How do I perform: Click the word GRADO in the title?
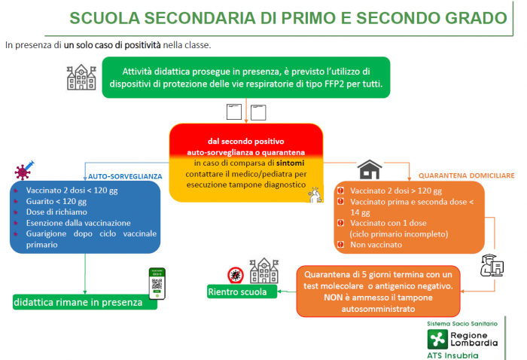476,18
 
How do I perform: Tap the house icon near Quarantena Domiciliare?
370,169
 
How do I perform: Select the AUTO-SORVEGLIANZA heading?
125,176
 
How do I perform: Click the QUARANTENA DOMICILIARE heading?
467,175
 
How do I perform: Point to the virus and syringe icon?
24,170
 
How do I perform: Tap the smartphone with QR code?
157,284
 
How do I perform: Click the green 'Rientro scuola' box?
242,291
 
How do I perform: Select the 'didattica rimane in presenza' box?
84,302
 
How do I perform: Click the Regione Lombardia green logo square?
437,339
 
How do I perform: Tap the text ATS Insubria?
452,355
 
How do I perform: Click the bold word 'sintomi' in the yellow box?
291,163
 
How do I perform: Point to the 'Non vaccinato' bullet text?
376,245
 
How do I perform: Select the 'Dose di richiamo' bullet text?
56,212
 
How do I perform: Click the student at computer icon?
492,265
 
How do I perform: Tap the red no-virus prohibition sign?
236,276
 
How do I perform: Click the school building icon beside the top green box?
81,78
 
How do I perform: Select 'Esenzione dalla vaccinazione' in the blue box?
78,223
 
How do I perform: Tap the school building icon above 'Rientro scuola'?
264,271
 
